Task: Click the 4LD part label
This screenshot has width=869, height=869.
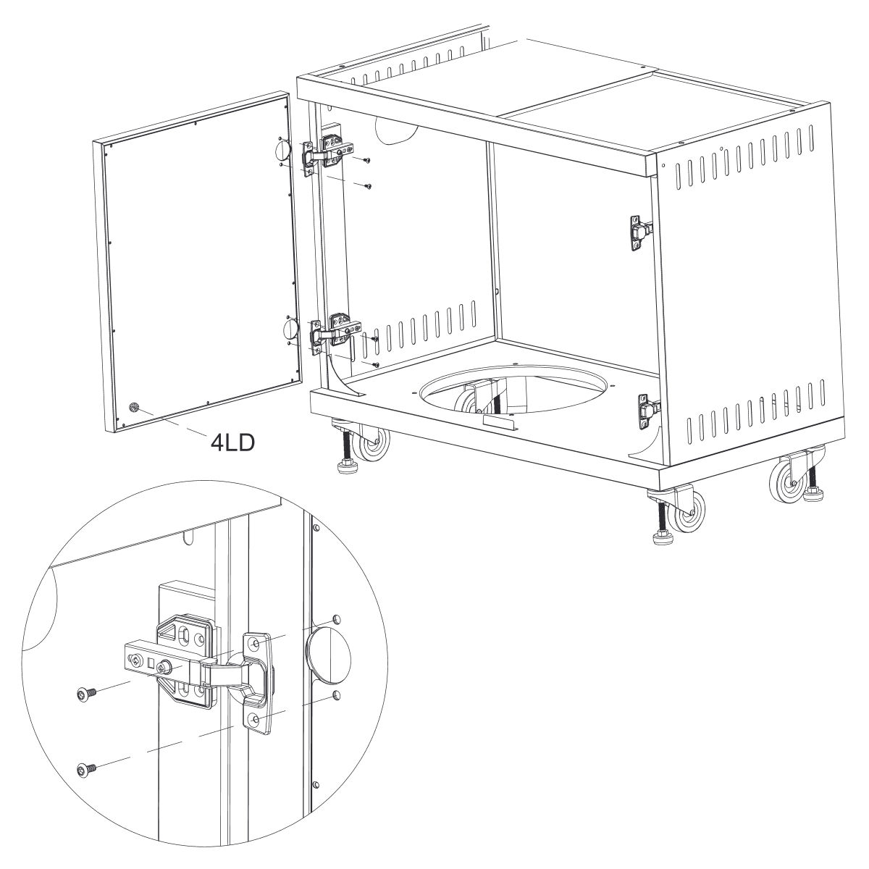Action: click(x=232, y=442)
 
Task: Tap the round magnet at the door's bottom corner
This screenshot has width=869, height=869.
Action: click(x=133, y=408)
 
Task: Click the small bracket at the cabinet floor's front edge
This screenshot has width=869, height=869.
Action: click(x=500, y=422)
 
